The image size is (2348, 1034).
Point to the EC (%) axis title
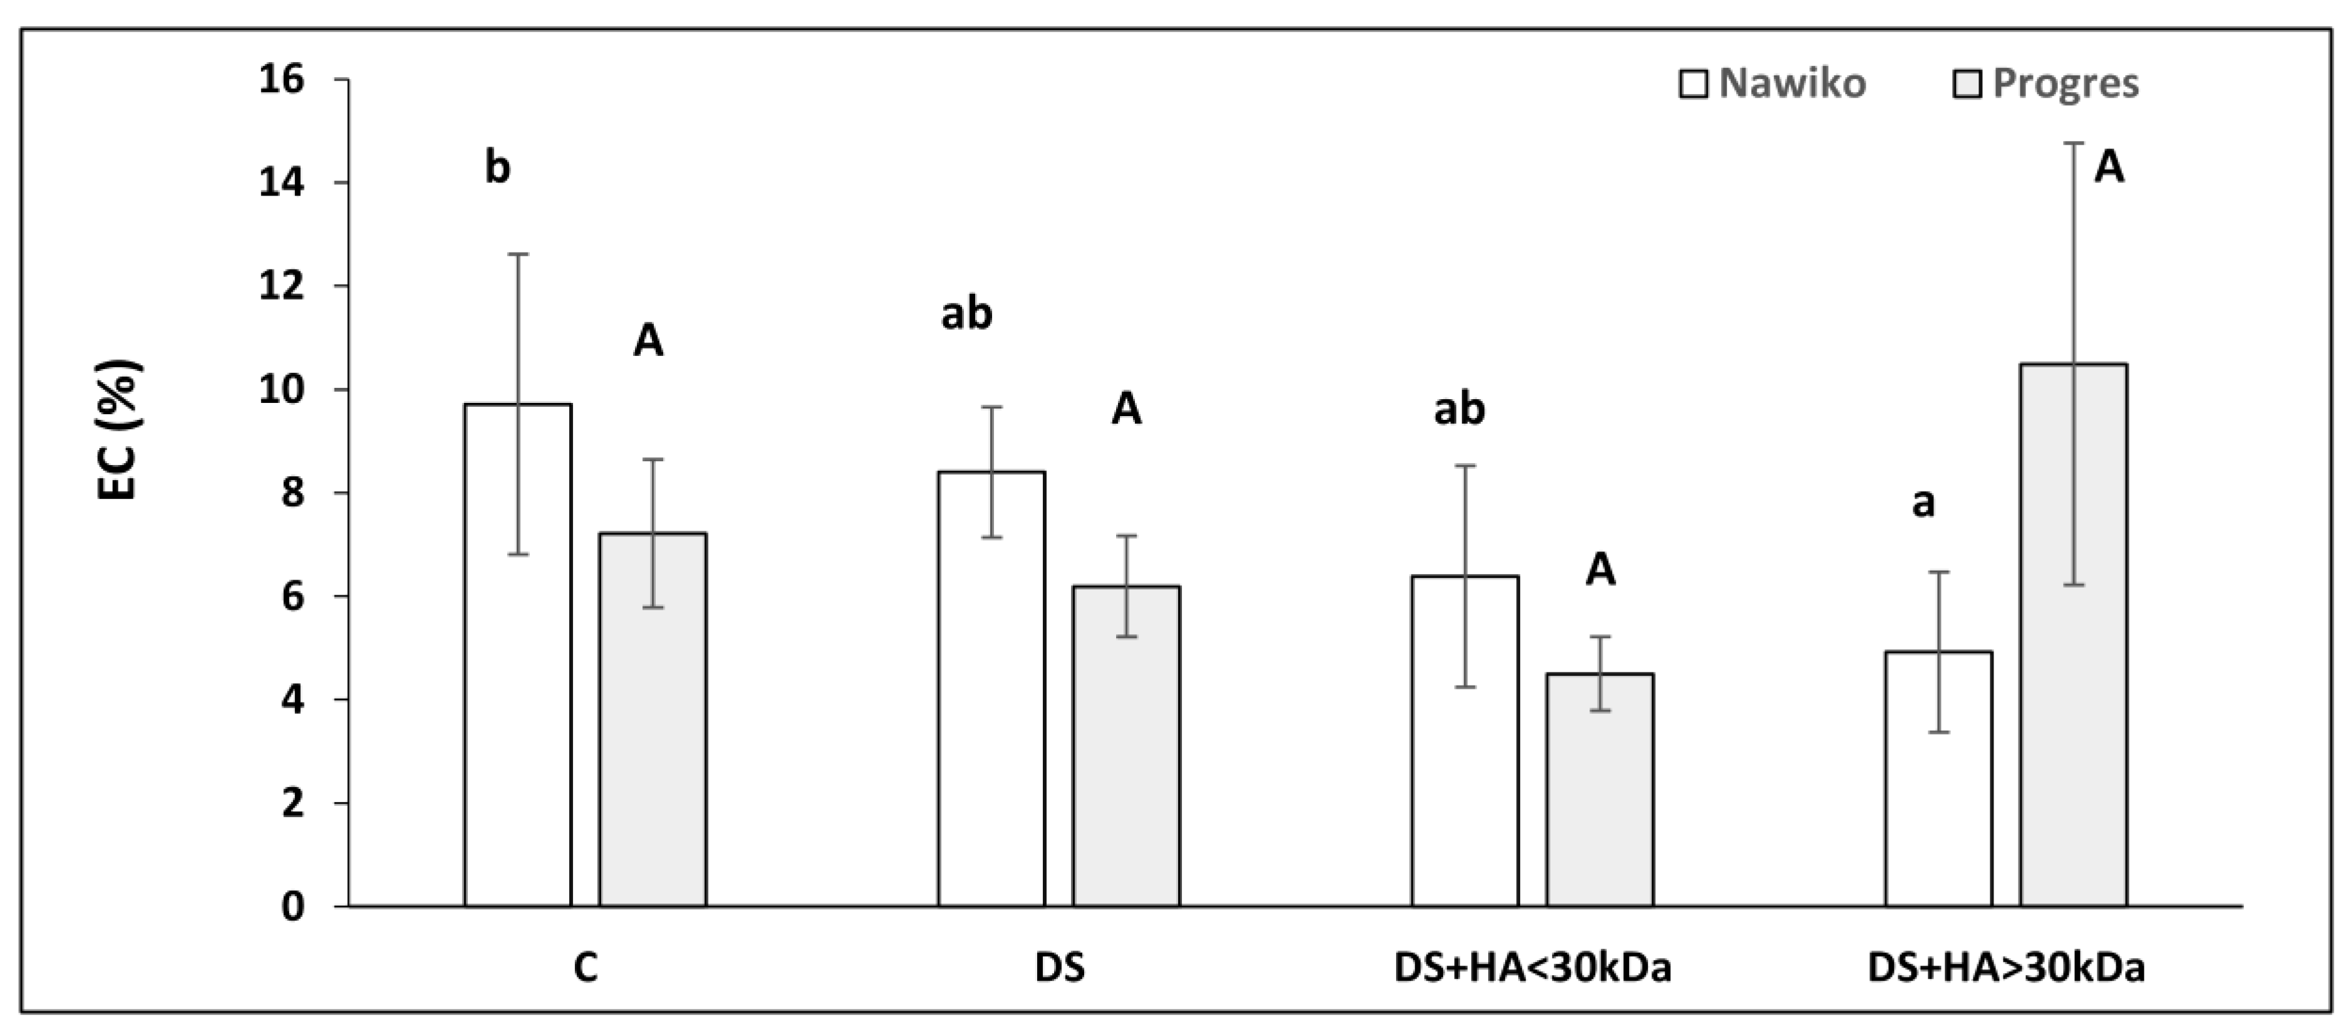pyautogui.click(x=118, y=431)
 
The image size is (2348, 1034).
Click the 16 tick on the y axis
pyautogui.click(x=282, y=80)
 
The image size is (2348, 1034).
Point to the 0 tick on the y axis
pyautogui.click(x=292, y=906)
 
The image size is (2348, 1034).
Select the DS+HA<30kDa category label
pyautogui.click(x=1533, y=968)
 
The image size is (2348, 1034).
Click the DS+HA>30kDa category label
pyautogui.click(x=2006, y=968)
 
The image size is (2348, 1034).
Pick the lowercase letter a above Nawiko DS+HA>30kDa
pyautogui.click(x=1923, y=503)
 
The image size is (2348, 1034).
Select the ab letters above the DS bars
pyautogui.click(x=966, y=314)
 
